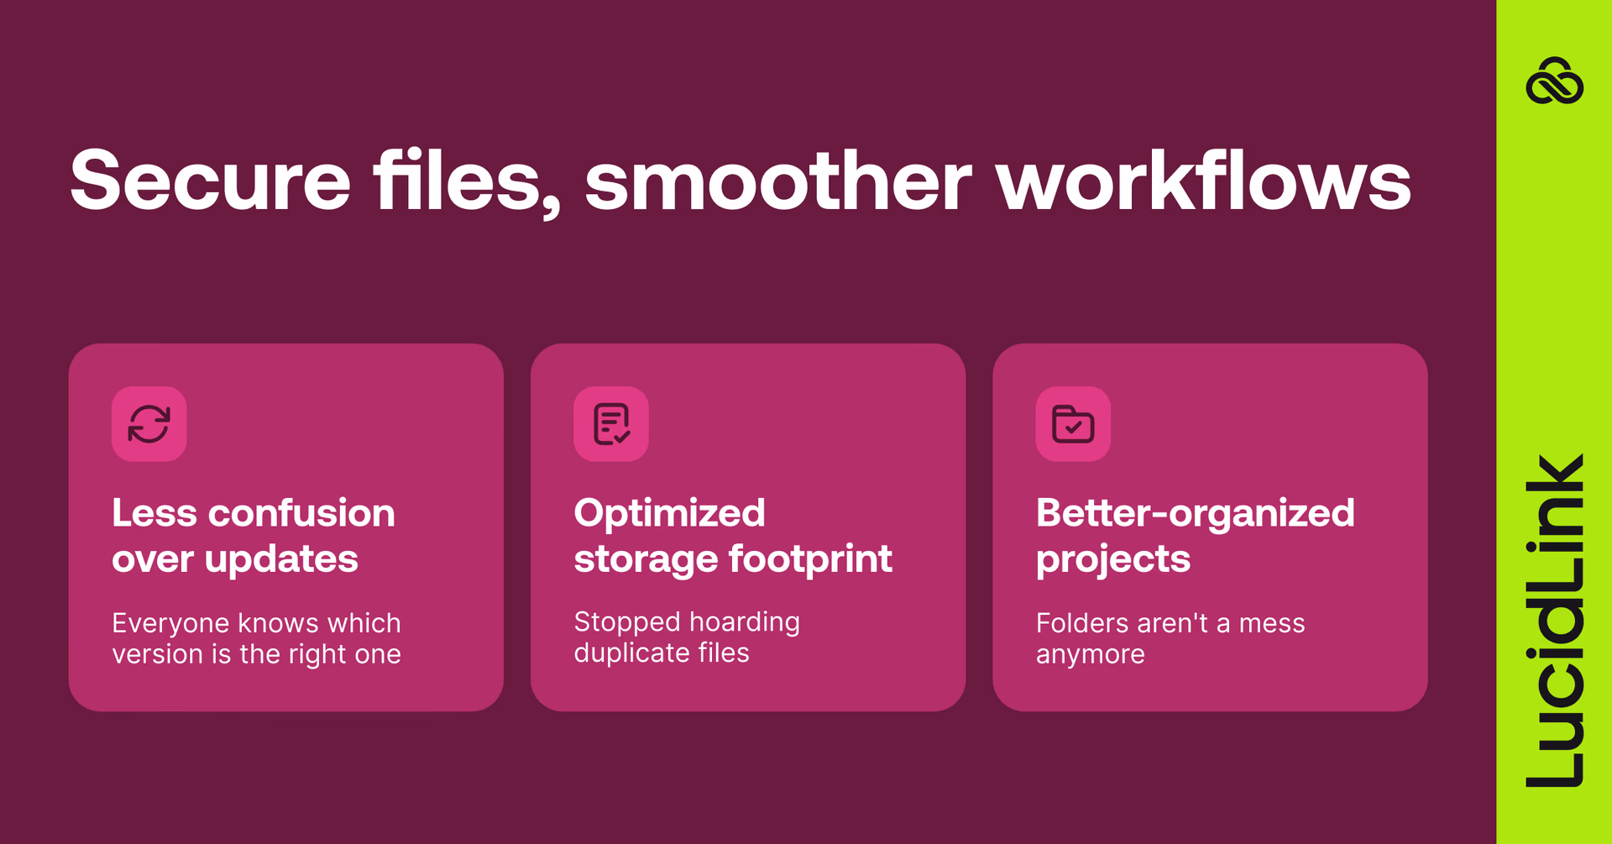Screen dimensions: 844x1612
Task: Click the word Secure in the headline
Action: coord(210,181)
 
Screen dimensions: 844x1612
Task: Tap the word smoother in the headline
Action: coord(777,181)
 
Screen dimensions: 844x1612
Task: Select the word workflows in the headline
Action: coord(1203,181)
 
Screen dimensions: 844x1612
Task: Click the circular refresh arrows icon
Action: coord(149,424)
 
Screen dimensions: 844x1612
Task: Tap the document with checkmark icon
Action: coord(611,424)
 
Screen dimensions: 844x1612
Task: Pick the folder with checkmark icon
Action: coord(1073,424)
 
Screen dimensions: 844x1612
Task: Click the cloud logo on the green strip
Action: coord(1554,81)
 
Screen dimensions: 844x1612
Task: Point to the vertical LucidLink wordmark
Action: coord(1554,621)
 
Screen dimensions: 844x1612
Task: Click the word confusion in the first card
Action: coord(301,513)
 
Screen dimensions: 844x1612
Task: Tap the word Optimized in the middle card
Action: coord(669,513)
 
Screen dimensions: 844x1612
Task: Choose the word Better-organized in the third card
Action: coord(1195,513)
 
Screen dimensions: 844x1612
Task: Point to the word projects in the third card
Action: coord(1112,559)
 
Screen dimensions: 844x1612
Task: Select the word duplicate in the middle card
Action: coord(626,653)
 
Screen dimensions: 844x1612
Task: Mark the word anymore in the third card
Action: coord(1090,654)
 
